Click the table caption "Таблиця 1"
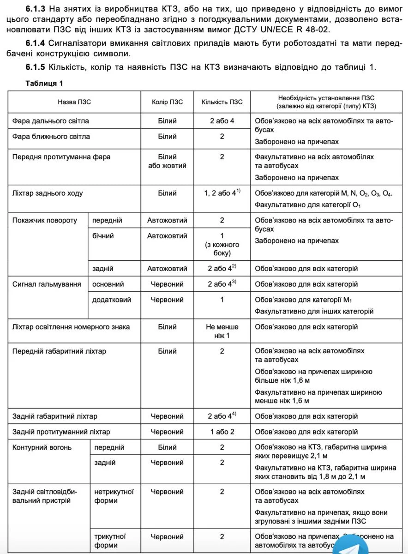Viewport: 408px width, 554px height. pos(45,84)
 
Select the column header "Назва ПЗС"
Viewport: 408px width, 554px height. pos(74,102)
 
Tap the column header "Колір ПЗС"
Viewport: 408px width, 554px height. pos(167,102)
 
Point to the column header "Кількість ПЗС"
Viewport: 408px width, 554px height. pos(222,102)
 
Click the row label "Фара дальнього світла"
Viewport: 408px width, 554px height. pos(51,121)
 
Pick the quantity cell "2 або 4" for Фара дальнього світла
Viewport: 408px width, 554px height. pos(222,121)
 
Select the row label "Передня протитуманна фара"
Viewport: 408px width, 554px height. pos(61,157)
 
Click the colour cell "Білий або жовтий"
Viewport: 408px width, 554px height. pos(167,161)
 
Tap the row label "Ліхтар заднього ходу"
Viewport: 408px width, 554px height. pos(48,193)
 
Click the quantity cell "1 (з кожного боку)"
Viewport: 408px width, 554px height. pos(222,244)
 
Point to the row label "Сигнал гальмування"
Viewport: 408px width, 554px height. pos(47,284)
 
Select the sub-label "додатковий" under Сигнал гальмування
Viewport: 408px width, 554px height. pos(112,300)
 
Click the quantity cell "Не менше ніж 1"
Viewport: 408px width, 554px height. pos(222,331)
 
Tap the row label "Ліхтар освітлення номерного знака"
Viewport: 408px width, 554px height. pos(71,327)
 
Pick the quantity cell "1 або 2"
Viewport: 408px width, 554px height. pos(222,432)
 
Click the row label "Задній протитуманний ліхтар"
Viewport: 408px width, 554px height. pos(61,432)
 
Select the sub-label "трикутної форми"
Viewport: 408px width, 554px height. pos(110,541)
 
